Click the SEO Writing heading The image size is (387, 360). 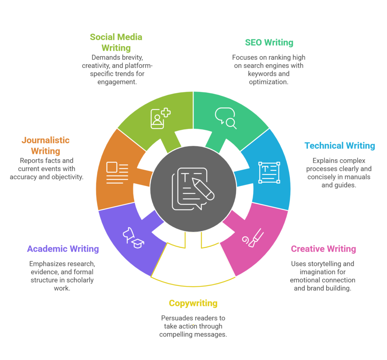point(269,42)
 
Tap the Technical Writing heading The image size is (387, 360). point(340,146)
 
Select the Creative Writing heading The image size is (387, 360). point(323,249)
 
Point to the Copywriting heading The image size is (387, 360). point(193,303)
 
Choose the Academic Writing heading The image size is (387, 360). point(63,249)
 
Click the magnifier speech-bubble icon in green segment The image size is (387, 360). point(226,118)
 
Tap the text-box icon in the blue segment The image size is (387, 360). point(269,172)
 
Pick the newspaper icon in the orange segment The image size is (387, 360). point(117,172)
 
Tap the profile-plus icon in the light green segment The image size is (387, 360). point(160,118)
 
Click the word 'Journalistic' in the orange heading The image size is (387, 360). point(45,140)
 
